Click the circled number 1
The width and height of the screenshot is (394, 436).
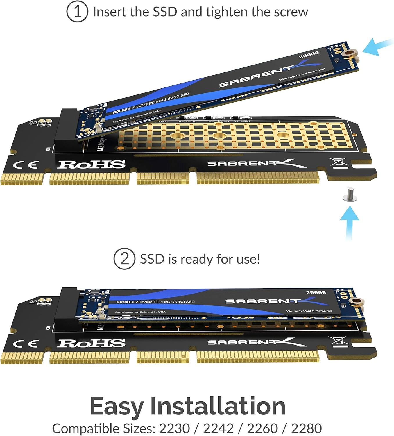tap(77, 12)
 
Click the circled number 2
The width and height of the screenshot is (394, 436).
tap(124, 258)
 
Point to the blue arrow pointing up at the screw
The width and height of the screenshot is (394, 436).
tap(350, 221)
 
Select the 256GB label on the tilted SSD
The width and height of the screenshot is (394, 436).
tap(309, 54)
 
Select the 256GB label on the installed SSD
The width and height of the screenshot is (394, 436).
tap(316, 292)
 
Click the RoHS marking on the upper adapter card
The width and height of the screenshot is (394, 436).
tap(91, 165)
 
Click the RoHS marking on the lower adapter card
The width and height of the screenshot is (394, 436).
tap(91, 343)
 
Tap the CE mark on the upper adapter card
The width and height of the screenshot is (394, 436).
tap(25, 165)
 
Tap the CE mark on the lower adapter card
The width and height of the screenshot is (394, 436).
tap(25, 344)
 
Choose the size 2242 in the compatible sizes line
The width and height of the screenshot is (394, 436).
tap(218, 428)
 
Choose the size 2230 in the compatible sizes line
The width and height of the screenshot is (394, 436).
tap(174, 428)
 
